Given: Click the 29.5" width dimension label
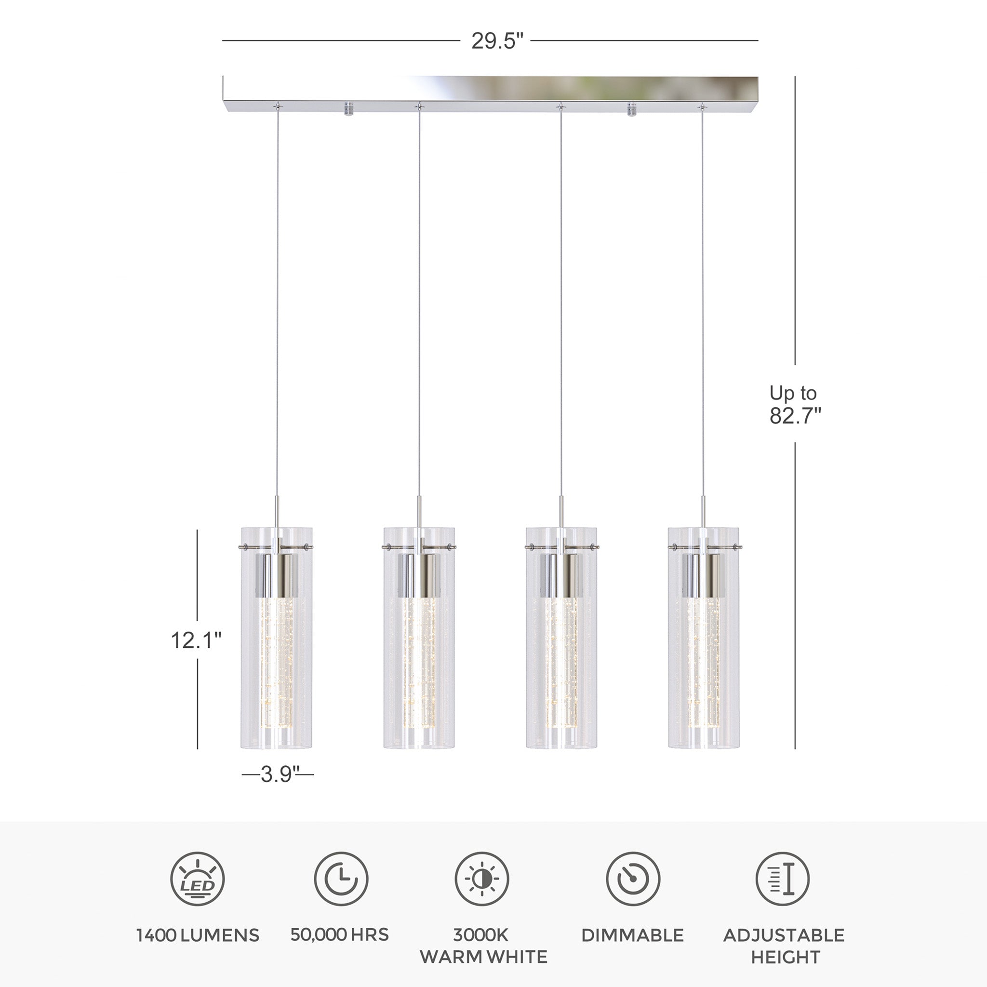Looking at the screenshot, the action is click(x=497, y=41).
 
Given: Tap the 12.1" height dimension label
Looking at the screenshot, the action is click(x=196, y=640).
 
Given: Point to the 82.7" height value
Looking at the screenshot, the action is click(x=795, y=416).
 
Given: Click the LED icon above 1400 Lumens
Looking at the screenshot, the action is click(x=197, y=879).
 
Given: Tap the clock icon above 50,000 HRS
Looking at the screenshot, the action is click(x=341, y=879).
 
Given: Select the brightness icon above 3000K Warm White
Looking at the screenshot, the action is click(x=482, y=879).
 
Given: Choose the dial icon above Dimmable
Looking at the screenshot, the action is click(x=633, y=879).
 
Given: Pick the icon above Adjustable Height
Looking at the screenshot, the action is click(x=783, y=879).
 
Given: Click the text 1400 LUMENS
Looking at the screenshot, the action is click(x=198, y=935).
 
